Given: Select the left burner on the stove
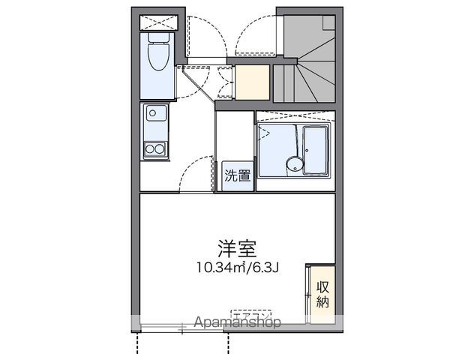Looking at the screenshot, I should [x=150, y=149].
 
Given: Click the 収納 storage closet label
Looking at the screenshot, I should [x=323, y=293].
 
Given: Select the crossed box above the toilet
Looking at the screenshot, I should [x=157, y=20].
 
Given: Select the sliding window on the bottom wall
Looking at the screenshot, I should [x=182, y=328].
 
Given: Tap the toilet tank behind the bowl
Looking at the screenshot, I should [x=159, y=37].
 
